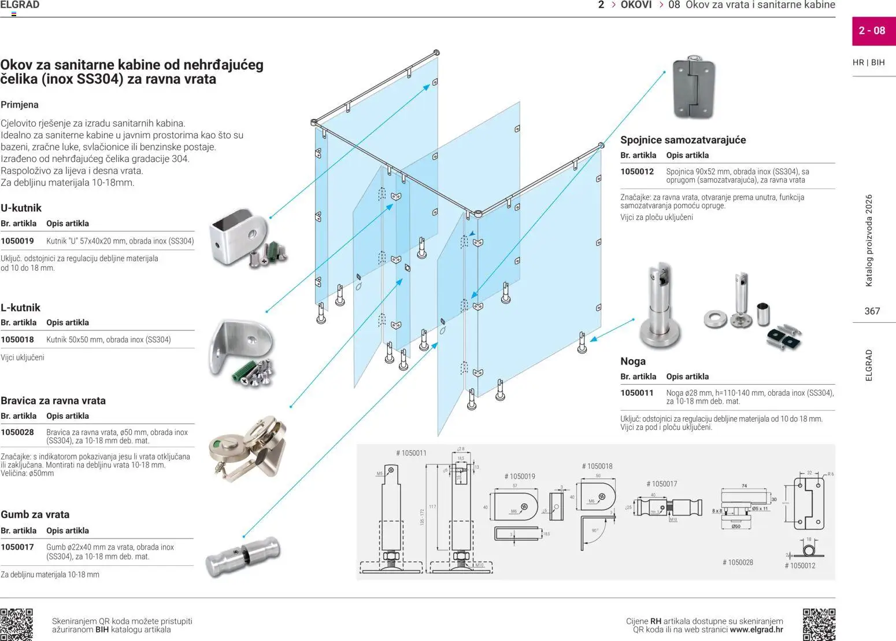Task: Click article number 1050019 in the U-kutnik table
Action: click(x=17, y=241)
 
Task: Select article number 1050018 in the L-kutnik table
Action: click(x=17, y=340)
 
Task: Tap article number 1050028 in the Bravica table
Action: click(x=17, y=432)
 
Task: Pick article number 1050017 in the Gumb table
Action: click(x=17, y=547)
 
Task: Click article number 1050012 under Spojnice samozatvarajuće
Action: click(x=637, y=172)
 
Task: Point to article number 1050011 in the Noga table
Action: click(x=637, y=393)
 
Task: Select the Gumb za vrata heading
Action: click(x=35, y=514)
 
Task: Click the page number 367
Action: click(x=872, y=311)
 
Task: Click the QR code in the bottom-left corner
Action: click(x=16, y=624)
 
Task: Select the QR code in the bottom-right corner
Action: click(x=819, y=624)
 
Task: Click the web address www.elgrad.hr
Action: click(x=756, y=629)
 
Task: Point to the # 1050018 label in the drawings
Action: click(x=597, y=466)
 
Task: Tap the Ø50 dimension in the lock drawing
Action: click(x=736, y=526)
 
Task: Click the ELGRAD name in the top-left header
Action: click(x=20, y=5)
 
